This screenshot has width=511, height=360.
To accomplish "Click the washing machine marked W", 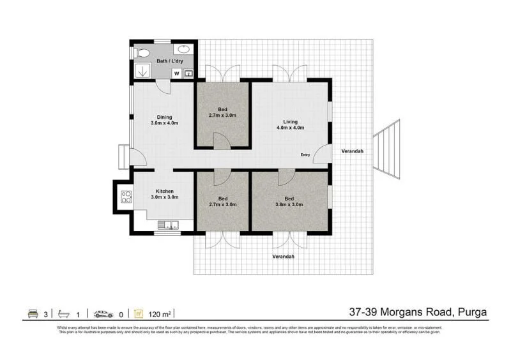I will (x=176, y=73).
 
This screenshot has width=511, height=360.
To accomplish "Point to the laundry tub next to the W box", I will (x=188, y=73).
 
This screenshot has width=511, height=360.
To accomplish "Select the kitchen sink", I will (x=171, y=224).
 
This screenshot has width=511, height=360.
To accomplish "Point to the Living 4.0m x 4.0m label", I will (x=291, y=124).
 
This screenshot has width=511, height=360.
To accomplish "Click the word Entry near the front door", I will (x=306, y=155).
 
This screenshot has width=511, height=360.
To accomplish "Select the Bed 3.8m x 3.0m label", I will (x=289, y=201).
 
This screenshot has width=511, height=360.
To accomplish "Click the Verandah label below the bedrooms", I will (x=283, y=257).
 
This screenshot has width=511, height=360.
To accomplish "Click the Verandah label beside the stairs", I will (x=352, y=151).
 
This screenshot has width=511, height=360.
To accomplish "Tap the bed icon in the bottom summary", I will (x=32, y=313).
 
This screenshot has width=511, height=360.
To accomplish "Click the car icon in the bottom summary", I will (x=103, y=313).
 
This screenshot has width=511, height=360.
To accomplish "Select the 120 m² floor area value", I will (x=159, y=313).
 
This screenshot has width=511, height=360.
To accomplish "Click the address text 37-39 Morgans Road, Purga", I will (x=418, y=312).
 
